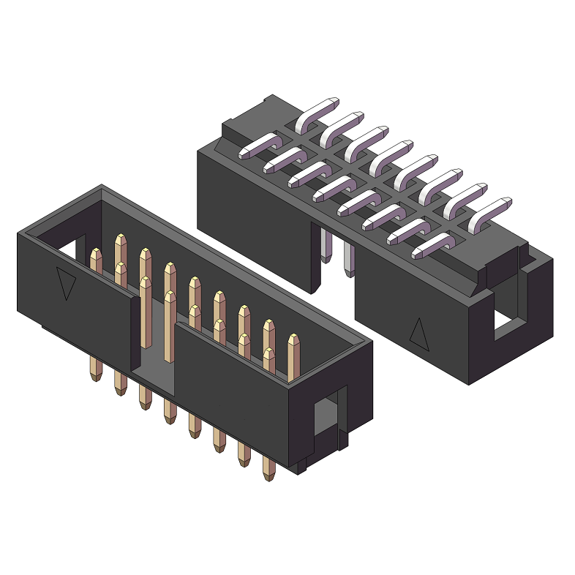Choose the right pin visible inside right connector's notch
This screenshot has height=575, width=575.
pos(348,260)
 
